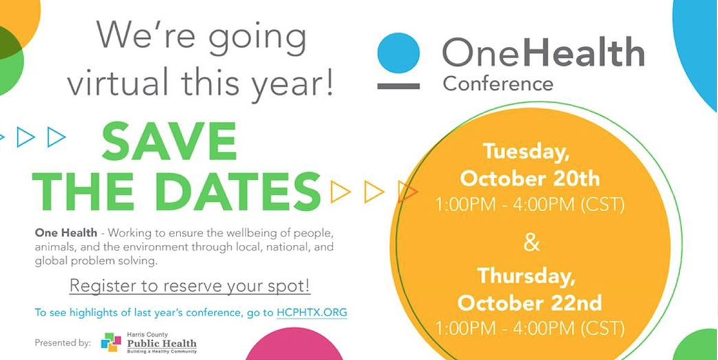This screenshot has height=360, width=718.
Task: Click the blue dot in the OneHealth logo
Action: [x=399, y=53]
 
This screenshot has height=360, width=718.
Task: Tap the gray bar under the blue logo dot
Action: [x=399, y=86]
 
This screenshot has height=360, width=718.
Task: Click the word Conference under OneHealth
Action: [x=498, y=84]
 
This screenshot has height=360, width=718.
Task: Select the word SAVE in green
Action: [x=169, y=142]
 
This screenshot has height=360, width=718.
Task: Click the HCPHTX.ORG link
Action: [x=312, y=313]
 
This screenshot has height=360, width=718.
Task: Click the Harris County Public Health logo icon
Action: [x=111, y=342]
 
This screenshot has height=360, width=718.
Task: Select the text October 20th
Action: [x=530, y=179]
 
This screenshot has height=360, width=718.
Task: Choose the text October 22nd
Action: [x=529, y=303]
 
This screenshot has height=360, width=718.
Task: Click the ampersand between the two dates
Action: [x=531, y=243]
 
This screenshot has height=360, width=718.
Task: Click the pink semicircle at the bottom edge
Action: [x=294, y=347]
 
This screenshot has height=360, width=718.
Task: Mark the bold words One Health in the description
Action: [x=66, y=233]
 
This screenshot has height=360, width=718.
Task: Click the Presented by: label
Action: [x=62, y=343]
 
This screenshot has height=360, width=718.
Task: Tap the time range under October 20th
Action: [x=530, y=205]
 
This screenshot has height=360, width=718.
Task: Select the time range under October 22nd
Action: [x=530, y=328]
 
